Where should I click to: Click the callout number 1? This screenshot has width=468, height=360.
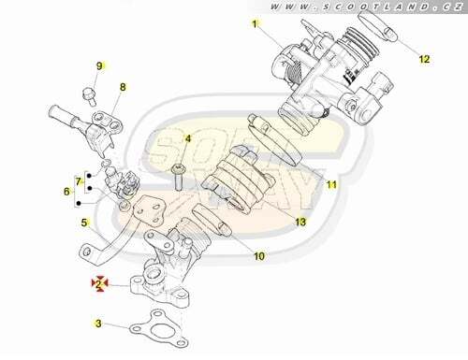coord(255,24)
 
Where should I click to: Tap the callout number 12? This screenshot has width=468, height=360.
coord(424,59)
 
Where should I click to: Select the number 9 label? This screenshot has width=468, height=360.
coord(99,66)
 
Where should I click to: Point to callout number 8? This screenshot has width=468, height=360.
coord(123,87)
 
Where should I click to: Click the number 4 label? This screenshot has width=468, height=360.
coord(187,138)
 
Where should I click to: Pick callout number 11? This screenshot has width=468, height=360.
coord(331,185)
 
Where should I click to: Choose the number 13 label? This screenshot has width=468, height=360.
coord(300,222)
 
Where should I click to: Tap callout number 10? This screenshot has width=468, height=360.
coord(259,256)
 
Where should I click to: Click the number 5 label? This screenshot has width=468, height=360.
coord(84,223)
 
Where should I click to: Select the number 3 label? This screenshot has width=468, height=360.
coord(98,324)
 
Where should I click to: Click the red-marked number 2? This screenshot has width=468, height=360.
coord(99,283)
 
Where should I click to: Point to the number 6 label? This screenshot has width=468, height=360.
coord(66,192)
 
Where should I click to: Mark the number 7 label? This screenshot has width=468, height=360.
coord(78,181)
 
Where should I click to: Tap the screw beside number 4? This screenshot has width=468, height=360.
coord(179,177)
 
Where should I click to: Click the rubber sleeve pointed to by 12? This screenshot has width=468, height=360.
coord(377,26)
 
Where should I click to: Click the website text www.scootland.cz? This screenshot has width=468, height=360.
coord(366,7)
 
